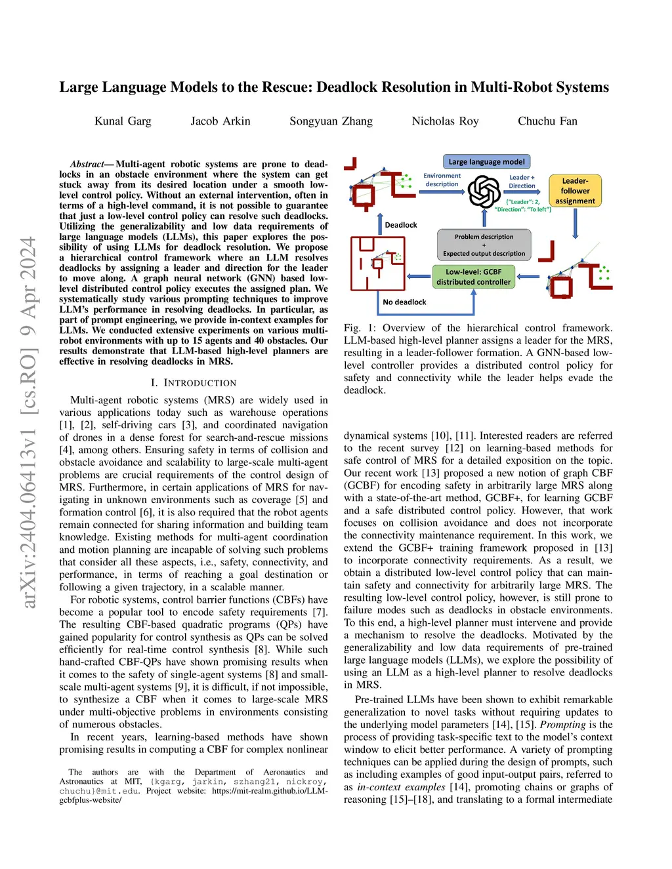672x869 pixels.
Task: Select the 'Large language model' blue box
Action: pos(486,162)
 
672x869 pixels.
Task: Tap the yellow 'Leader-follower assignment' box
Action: pos(575,191)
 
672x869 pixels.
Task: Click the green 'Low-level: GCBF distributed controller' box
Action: pos(473,277)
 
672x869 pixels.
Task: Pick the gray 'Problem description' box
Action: pos(484,245)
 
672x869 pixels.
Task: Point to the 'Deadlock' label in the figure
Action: pos(400,225)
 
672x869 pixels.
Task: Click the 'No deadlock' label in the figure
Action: pos(404,302)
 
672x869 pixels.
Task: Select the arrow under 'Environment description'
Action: pos(443,192)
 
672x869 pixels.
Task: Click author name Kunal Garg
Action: pos(123,121)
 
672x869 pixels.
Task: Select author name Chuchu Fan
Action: pos(547,121)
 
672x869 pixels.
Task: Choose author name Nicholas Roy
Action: pos(445,121)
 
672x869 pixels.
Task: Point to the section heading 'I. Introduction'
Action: pos(193,383)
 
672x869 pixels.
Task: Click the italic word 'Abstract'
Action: pos(87,164)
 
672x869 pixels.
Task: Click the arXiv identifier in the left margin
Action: pos(28,422)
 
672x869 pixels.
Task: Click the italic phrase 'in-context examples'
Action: pos(401,787)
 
